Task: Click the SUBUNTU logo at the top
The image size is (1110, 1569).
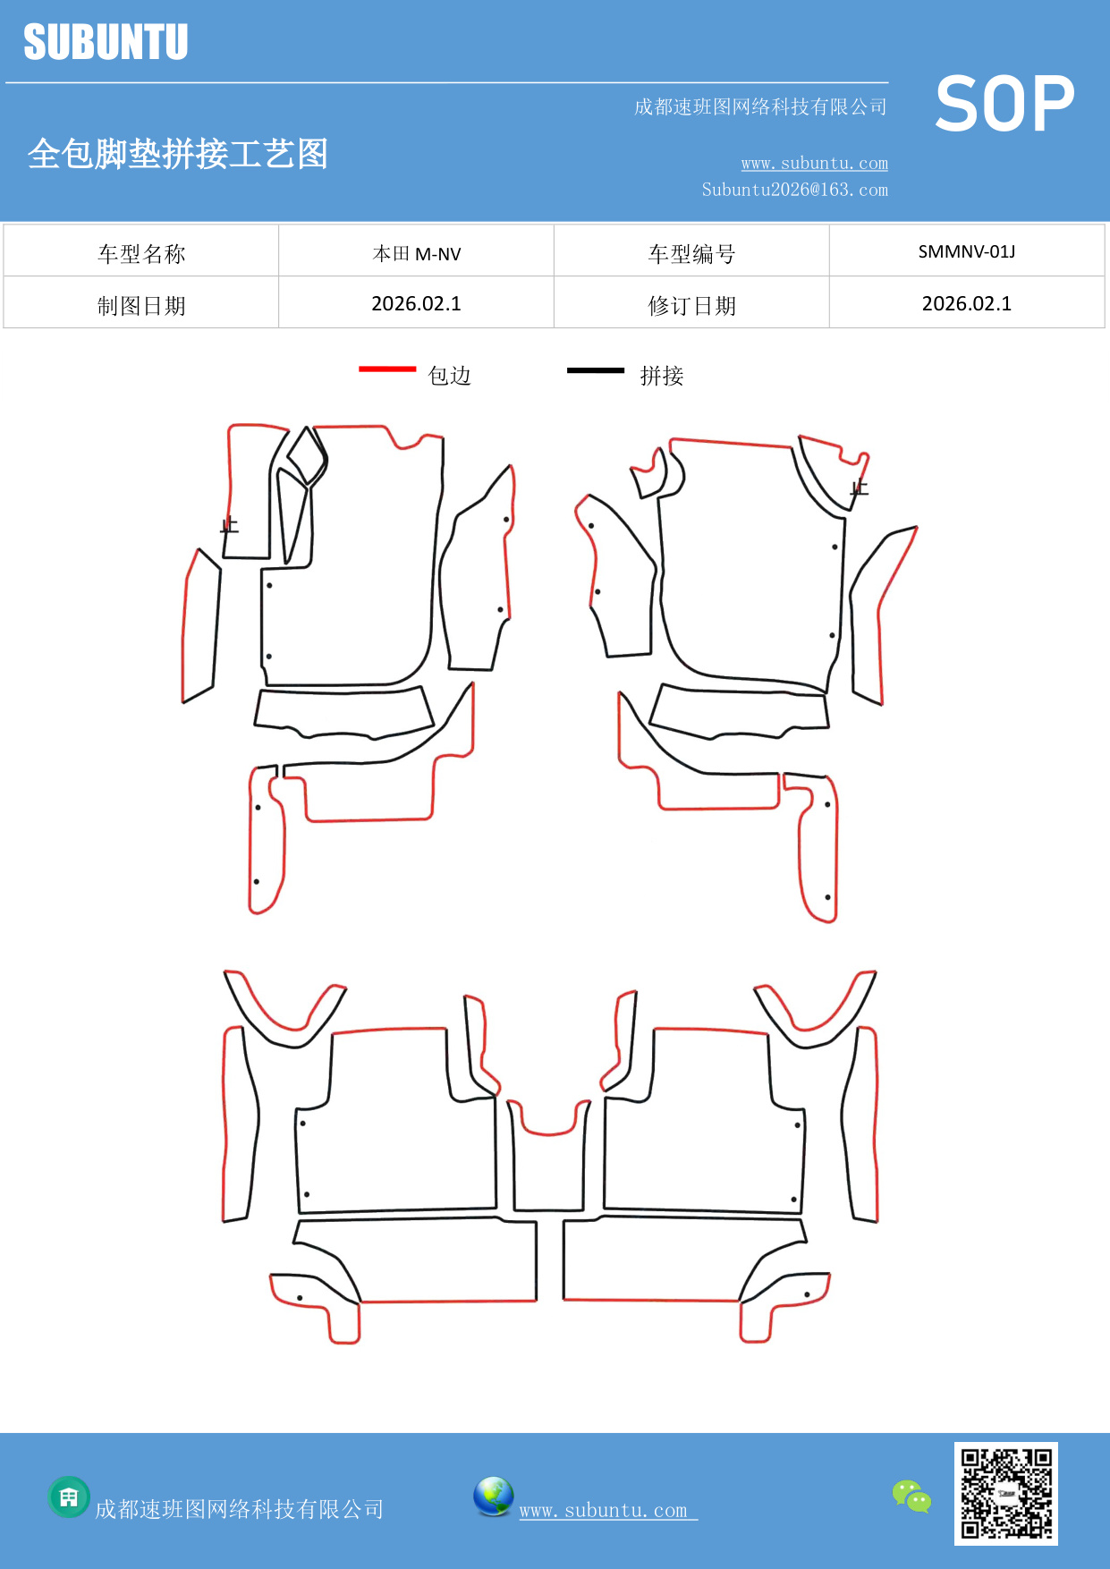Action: tap(106, 42)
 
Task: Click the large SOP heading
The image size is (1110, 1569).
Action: tap(1004, 105)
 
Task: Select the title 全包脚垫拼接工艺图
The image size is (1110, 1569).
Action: tap(178, 154)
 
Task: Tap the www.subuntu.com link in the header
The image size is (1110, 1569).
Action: tap(814, 163)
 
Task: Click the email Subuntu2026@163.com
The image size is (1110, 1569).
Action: tap(794, 190)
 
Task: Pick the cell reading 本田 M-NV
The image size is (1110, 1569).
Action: tap(416, 254)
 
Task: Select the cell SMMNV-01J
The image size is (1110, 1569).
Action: tap(966, 251)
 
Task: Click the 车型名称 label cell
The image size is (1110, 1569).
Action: tap(141, 254)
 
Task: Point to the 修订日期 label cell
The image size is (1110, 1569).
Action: tap(691, 306)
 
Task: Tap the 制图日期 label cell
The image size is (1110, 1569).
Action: tap(141, 306)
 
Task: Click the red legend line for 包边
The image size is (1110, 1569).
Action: tap(387, 369)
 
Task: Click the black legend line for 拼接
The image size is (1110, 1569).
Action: tap(595, 369)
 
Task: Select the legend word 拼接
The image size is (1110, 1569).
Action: tap(662, 376)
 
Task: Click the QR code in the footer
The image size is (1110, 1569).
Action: tap(1006, 1493)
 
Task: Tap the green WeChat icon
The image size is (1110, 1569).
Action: tap(911, 1496)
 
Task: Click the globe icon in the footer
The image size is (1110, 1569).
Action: tap(493, 1497)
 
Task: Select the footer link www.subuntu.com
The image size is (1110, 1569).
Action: tap(607, 1510)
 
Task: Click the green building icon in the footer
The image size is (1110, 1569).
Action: tap(69, 1497)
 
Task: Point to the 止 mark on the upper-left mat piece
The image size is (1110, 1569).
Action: tap(230, 525)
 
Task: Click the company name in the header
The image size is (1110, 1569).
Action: tap(760, 107)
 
